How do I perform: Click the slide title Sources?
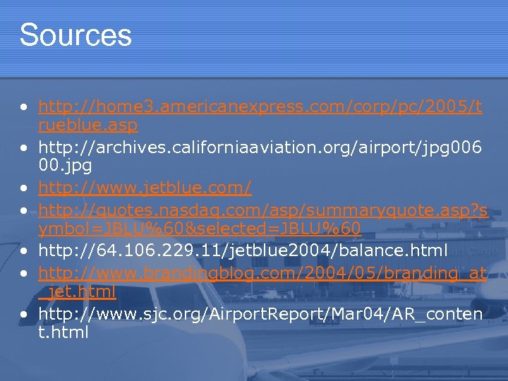75,35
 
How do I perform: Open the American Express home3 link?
260,107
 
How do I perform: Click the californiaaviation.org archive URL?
260,148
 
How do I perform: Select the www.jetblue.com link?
145,188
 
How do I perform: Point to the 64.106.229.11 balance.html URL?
243,250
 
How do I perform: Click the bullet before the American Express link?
25,108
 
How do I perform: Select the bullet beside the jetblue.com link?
25,189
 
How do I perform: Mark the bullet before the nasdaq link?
25,210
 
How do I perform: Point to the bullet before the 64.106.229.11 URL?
25,250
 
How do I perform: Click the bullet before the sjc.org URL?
25,313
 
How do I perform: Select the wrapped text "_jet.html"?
78,291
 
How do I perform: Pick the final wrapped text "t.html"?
63,332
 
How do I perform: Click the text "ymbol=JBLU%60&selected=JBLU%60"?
200,229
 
